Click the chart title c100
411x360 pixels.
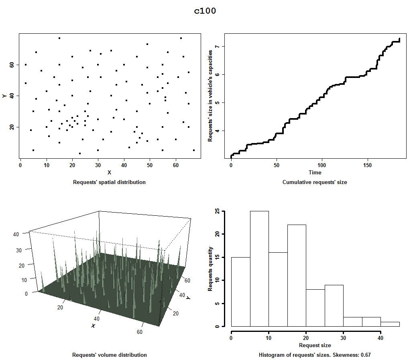205,11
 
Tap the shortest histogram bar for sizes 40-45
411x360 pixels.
390,324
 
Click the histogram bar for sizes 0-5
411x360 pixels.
241,291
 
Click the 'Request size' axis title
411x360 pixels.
315,345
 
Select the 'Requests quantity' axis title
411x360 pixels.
210,269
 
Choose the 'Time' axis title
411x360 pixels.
315,172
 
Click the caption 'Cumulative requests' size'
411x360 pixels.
315,182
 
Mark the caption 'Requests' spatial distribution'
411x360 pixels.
109,182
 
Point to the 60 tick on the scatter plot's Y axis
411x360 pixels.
12,65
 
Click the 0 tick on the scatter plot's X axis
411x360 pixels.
20,165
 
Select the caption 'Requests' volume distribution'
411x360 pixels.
109,355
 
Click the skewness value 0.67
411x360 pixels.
365,355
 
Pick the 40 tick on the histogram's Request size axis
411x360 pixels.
380,338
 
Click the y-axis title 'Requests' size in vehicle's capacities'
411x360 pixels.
210,96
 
